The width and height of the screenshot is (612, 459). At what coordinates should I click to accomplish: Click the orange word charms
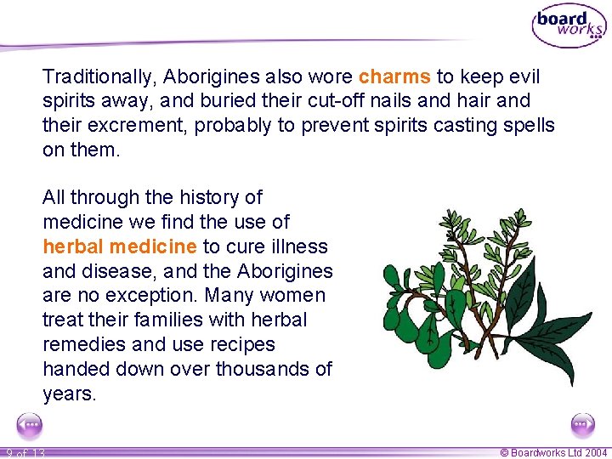pyautogui.click(x=394, y=76)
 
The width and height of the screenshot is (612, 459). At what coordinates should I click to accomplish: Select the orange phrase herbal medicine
pyautogui.click(x=120, y=246)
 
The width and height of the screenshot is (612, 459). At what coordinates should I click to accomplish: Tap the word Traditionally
pyautogui.click(x=98, y=76)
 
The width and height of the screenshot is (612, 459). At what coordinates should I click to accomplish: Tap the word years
pyautogui.click(x=69, y=394)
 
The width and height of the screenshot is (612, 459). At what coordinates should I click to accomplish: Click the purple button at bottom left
pyautogui.click(x=30, y=424)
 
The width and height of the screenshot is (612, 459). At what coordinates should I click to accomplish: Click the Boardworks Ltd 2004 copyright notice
pyautogui.click(x=553, y=453)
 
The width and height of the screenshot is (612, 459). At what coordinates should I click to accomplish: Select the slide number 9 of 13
pyautogui.click(x=25, y=453)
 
